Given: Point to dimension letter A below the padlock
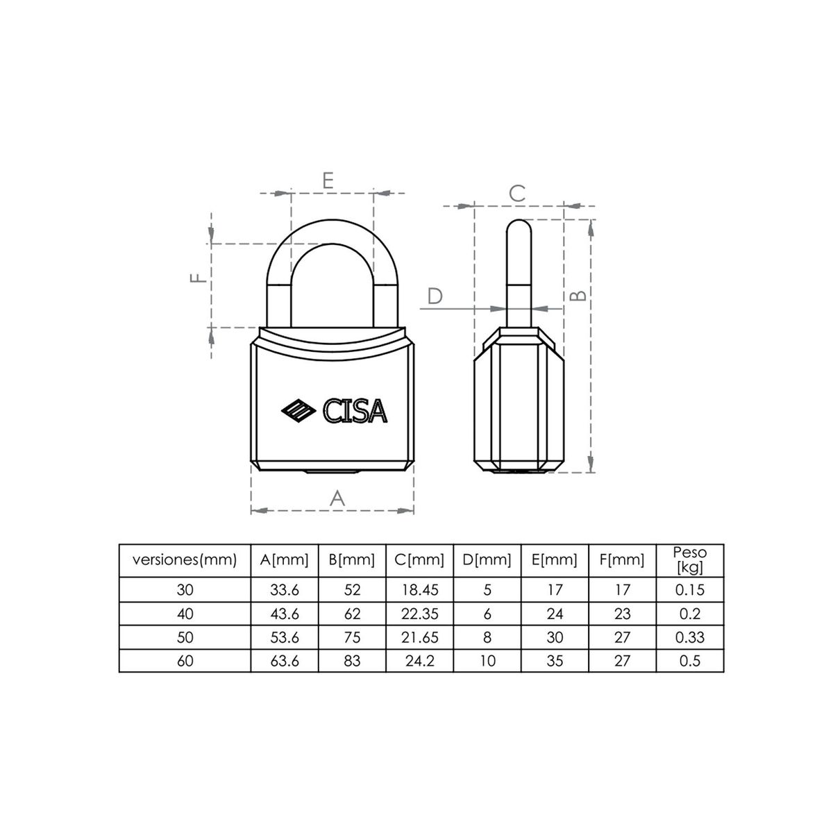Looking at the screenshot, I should (336, 497).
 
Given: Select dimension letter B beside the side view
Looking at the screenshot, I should (579, 294).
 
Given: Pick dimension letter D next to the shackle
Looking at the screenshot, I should (435, 296).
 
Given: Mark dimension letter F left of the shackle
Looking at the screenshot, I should (199, 278).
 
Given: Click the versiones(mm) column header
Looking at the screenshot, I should (185, 559).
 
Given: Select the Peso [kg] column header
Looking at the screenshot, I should (690, 559).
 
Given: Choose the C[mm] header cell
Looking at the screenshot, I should (419, 559).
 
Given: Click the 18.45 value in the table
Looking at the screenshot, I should (419, 590).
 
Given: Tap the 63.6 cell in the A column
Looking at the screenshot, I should (285, 660).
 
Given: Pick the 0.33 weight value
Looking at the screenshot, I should (690, 637).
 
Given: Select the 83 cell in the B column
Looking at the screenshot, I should (352, 660).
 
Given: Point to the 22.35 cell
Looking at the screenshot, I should (419, 614).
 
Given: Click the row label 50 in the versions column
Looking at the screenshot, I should (185, 637).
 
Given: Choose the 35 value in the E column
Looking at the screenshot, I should (555, 660).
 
